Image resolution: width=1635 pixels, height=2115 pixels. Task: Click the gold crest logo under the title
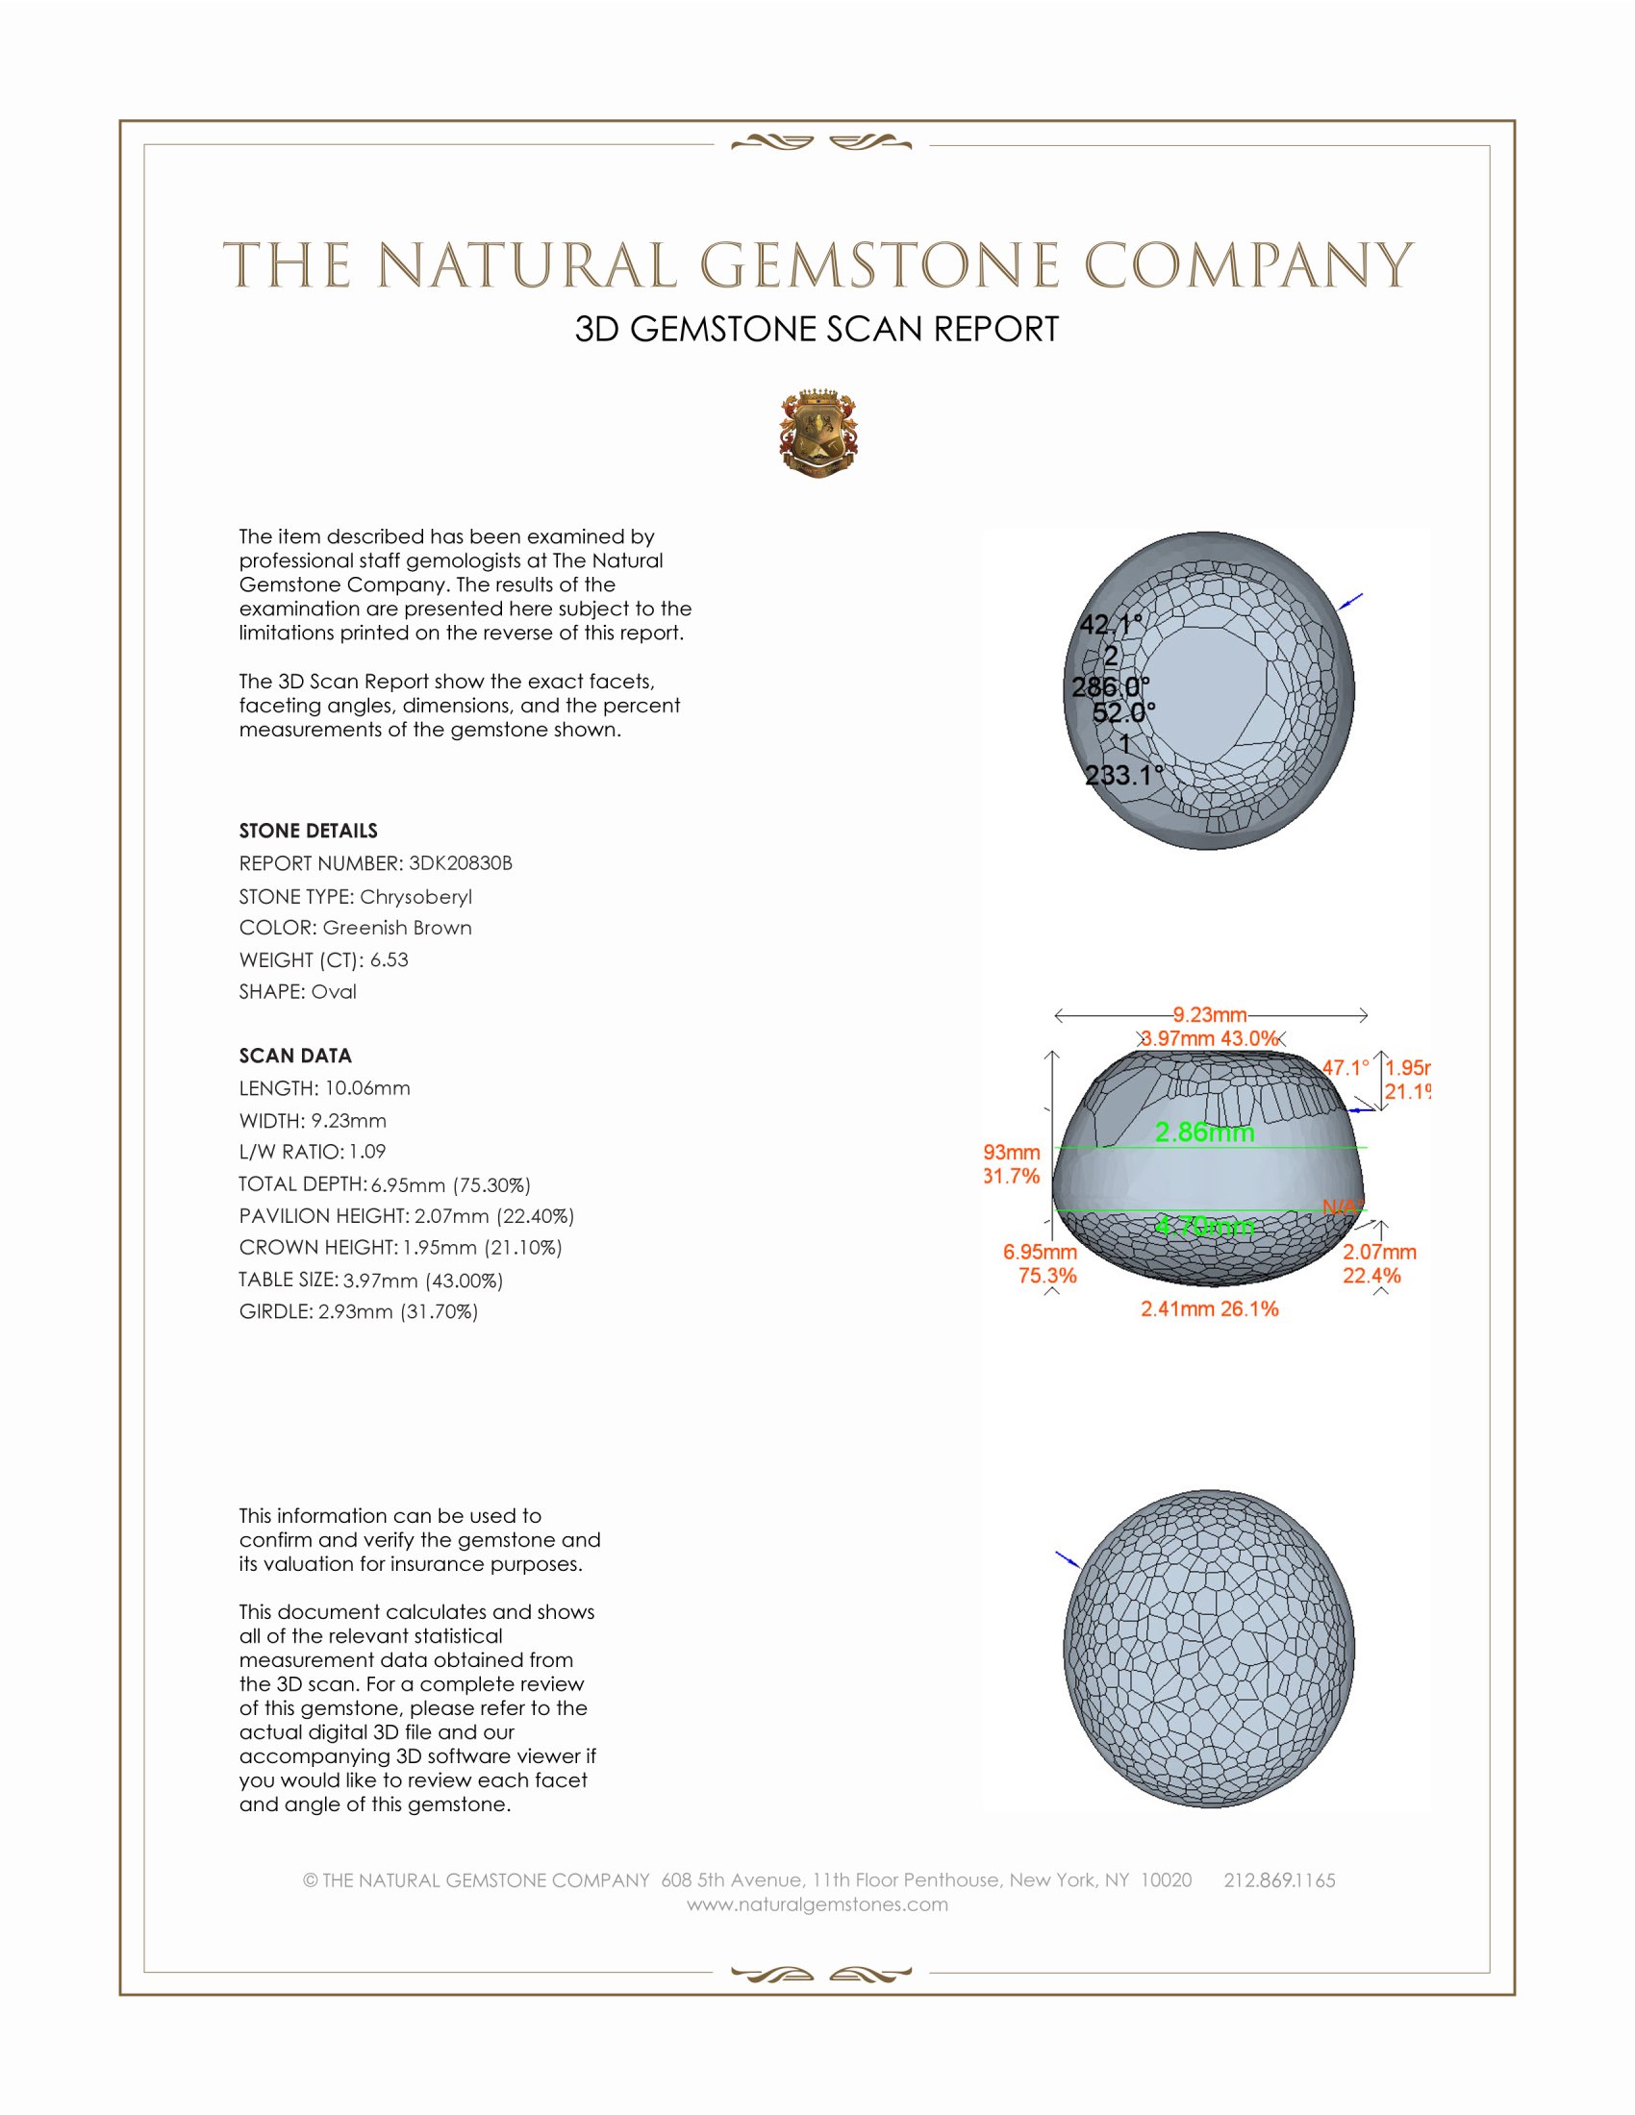click(818, 435)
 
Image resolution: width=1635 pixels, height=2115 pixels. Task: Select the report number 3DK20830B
click(460, 864)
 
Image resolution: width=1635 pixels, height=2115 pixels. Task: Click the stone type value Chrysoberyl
click(415, 897)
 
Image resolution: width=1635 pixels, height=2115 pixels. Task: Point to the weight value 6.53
click(389, 959)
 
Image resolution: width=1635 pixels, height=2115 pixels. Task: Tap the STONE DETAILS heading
click(308, 831)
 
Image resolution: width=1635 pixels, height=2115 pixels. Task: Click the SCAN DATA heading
click(295, 1056)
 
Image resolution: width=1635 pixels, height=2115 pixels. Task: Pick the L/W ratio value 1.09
click(367, 1153)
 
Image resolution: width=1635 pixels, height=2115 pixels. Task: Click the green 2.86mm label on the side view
click(1204, 1132)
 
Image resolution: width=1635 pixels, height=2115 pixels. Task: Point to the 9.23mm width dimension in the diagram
click(1210, 1015)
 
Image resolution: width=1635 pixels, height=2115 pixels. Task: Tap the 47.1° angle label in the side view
click(1346, 1068)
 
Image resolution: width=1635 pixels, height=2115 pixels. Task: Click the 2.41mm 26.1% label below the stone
click(1209, 1309)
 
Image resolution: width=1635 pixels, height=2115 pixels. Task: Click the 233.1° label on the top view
click(1122, 775)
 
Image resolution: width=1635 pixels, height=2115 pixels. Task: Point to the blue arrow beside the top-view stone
click(1350, 603)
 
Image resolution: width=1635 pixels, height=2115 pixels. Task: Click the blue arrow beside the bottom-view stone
click(1067, 1558)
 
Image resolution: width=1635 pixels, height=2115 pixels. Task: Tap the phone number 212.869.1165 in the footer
click(1278, 1880)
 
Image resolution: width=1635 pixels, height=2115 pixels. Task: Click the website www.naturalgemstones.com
click(817, 1904)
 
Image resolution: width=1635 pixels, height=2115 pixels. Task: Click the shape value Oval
click(333, 992)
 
